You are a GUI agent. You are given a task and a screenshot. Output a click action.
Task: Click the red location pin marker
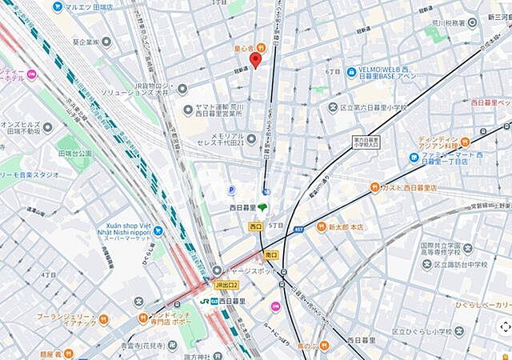[x=255, y=60]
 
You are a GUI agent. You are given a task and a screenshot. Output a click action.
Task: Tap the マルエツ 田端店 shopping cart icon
[x=58, y=7]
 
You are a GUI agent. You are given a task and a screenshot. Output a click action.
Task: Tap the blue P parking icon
[x=231, y=190]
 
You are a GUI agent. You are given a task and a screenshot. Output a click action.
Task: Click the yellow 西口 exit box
[x=254, y=226]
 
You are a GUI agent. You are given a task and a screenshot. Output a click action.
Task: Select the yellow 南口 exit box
[x=271, y=255]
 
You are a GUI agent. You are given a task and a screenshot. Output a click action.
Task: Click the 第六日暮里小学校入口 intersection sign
[x=366, y=142]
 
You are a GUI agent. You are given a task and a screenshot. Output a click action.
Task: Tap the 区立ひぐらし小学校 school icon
[x=378, y=331]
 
